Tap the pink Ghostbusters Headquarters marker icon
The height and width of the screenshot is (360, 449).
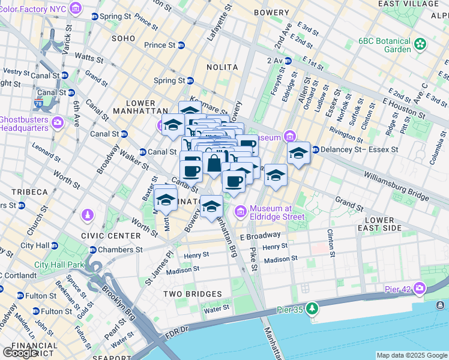(58, 122)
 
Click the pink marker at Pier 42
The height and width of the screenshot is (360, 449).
(418, 289)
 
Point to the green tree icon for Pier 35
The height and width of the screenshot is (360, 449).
(312, 309)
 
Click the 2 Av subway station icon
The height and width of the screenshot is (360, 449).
(288, 61)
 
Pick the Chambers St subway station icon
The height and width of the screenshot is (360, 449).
(93, 250)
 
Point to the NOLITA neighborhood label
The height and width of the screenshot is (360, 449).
(221, 67)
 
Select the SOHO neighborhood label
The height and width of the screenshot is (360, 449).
(124, 38)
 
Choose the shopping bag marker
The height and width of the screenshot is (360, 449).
(214, 163)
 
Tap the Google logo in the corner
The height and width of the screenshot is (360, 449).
(20, 353)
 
